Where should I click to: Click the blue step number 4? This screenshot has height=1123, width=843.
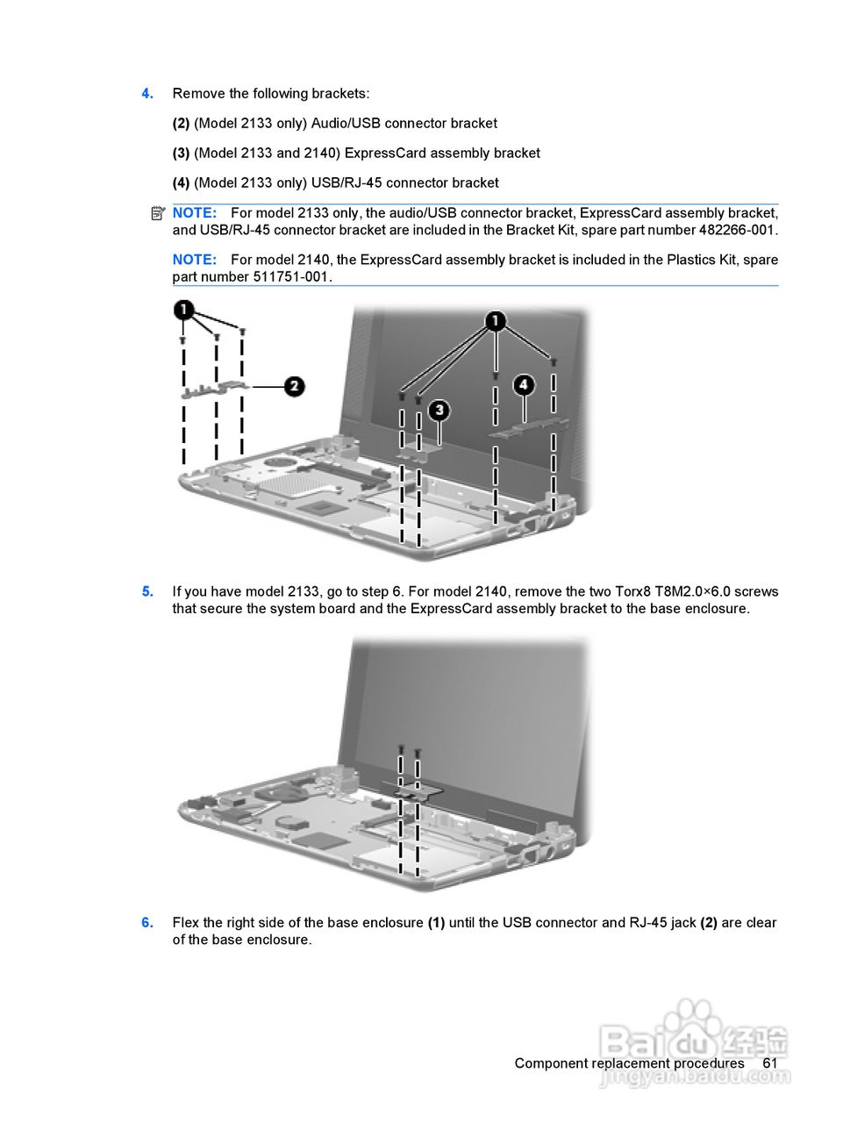point(147,94)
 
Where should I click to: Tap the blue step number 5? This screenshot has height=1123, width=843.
point(147,592)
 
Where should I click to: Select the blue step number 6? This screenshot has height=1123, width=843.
point(147,923)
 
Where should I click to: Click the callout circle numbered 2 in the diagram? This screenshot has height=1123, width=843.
point(295,385)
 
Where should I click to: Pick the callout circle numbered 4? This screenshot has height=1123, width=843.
point(524,384)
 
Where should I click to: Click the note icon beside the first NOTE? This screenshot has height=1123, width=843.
point(157,213)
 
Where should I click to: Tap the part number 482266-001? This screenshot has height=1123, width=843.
point(737,231)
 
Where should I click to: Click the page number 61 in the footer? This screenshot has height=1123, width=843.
point(769,1063)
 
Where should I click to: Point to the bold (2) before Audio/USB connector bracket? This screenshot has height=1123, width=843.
point(181,124)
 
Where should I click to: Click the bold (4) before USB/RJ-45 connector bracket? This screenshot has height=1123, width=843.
point(181,183)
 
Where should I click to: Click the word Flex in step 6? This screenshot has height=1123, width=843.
point(186,923)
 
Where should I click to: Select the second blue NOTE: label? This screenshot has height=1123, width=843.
point(194,260)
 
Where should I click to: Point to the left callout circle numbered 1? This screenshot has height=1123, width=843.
point(183,310)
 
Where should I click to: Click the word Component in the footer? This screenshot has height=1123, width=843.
point(550,1063)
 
